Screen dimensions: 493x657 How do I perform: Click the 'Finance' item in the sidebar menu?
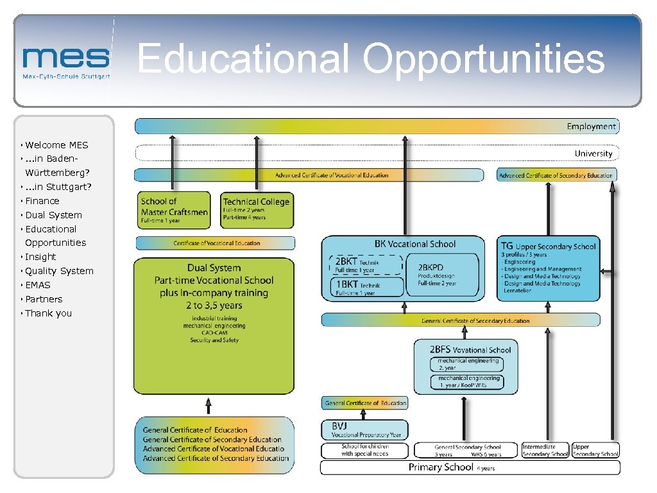click(x=42, y=201)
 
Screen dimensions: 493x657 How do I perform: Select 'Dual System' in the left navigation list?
click(x=53, y=215)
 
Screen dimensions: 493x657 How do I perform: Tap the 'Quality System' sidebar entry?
click(x=59, y=271)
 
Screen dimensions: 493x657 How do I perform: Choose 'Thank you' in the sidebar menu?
click(x=48, y=313)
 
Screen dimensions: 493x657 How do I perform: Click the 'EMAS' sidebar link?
click(x=37, y=285)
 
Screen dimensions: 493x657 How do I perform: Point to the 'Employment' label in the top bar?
click(x=591, y=126)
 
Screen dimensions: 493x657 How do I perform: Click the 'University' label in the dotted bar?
click(x=593, y=153)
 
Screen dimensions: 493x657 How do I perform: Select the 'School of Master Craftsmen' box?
click(x=174, y=210)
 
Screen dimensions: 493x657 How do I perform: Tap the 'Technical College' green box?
click(x=257, y=210)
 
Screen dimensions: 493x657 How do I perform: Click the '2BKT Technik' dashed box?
click(x=365, y=265)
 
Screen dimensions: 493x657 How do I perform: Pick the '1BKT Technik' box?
click(x=365, y=288)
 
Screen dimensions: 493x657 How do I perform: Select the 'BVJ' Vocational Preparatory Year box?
click(x=364, y=429)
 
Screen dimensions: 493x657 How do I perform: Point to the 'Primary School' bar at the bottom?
click(x=470, y=467)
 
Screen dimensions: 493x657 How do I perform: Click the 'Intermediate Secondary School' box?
click(x=545, y=450)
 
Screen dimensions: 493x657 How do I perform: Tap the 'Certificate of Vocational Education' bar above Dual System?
click(x=216, y=243)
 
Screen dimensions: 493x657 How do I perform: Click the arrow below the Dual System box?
click(x=208, y=406)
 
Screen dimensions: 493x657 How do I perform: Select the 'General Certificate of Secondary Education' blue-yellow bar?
click(x=460, y=320)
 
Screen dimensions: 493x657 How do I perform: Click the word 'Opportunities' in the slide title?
click(x=484, y=59)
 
